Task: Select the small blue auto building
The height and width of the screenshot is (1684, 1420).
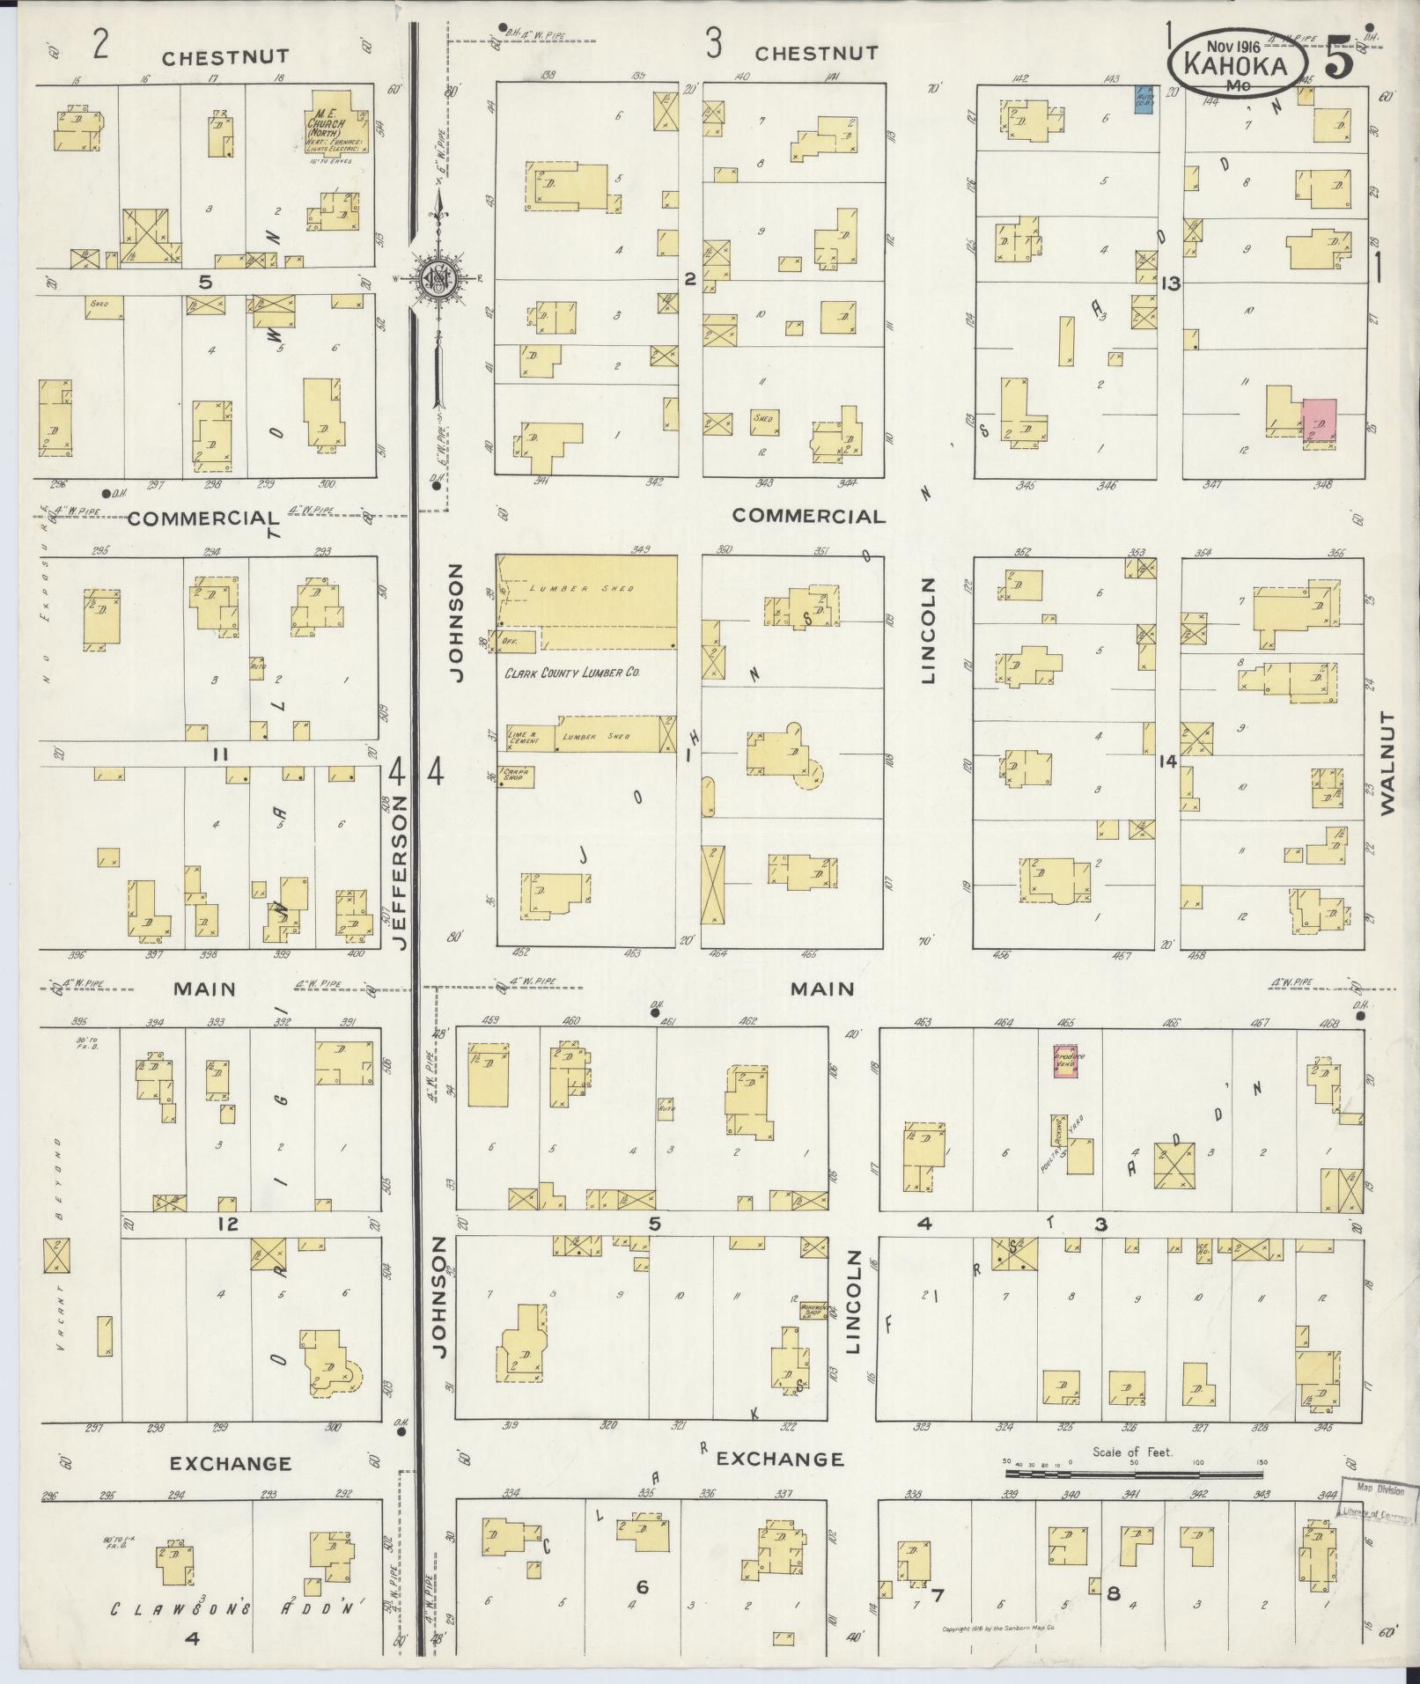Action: [1144, 99]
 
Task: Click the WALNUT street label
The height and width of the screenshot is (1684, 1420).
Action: [1389, 764]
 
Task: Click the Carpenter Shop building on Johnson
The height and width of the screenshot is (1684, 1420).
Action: [517, 775]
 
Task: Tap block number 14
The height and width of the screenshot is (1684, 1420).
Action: [1167, 762]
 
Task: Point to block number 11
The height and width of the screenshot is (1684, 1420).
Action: [219, 754]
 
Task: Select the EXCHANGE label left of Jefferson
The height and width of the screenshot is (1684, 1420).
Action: [230, 1463]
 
